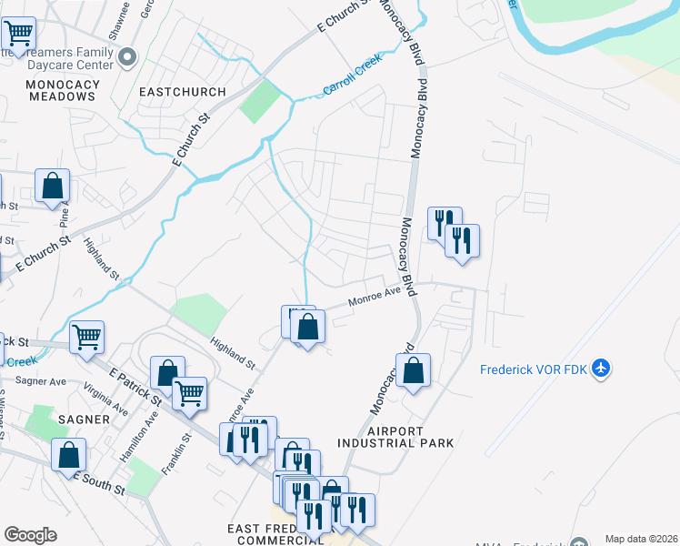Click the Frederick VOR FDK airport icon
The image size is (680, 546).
(x=599, y=369)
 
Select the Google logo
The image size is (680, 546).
(x=30, y=535)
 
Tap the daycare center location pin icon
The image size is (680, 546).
(x=127, y=58)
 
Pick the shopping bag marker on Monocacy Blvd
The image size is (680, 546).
(x=413, y=370)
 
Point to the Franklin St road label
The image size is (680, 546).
(x=182, y=449)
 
